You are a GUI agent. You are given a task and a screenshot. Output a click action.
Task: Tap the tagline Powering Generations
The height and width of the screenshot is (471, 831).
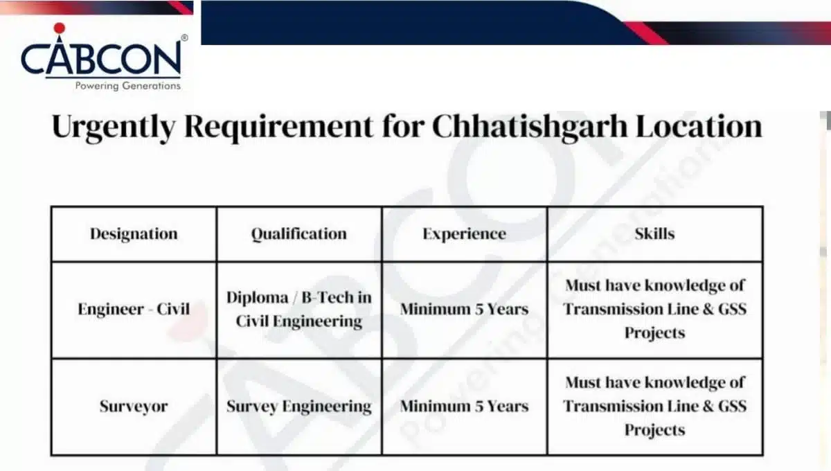point(127,87)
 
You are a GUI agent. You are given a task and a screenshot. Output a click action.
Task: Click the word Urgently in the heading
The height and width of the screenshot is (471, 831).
point(110,128)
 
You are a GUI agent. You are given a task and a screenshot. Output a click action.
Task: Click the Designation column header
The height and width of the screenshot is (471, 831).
point(134,234)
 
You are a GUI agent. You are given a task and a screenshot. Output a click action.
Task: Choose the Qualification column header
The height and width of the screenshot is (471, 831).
point(298,234)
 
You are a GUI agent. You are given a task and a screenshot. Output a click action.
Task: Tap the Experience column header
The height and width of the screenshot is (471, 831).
point(464,234)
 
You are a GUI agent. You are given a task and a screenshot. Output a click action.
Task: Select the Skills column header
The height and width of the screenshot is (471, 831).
point(654,234)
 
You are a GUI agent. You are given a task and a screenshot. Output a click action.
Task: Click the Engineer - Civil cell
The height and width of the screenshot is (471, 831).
point(134,309)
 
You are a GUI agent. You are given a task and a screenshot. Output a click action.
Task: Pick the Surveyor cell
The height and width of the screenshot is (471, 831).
point(134,406)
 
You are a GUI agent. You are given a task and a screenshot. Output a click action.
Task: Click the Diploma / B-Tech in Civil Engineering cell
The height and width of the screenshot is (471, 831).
point(298,309)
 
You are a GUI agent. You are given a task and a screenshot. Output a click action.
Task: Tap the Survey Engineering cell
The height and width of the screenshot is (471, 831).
point(298,406)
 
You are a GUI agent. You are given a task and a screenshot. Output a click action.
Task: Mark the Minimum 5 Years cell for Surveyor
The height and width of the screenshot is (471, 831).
point(464,406)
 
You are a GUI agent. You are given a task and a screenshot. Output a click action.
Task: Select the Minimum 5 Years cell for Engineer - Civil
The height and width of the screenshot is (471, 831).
point(464,309)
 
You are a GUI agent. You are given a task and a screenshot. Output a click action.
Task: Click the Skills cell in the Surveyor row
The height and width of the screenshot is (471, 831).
point(654,406)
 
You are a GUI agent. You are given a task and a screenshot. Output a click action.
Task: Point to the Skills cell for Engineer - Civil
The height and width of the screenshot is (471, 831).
point(654,309)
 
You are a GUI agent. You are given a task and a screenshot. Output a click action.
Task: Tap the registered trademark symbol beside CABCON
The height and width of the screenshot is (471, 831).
point(184,38)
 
